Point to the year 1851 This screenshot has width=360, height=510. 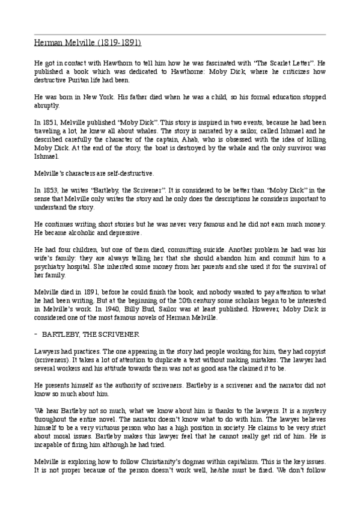[x=46, y=121]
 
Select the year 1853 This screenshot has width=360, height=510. [x=46, y=190]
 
